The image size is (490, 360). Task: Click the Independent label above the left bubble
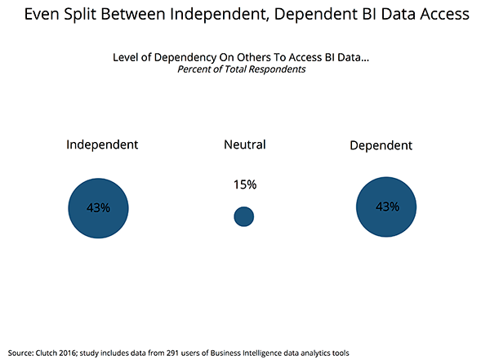(102, 144)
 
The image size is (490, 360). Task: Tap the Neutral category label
(244, 144)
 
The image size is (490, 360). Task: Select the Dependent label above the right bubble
(381, 145)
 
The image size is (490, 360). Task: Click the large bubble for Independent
(99, 208)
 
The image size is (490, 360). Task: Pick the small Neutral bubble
(243, 216)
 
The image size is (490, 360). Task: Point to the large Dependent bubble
(386, 207)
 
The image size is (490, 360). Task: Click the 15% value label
(244, 184)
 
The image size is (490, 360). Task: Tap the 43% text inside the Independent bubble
(99, 208)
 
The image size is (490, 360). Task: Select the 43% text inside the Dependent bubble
(386, 207)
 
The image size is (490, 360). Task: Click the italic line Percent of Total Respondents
(245, 69)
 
